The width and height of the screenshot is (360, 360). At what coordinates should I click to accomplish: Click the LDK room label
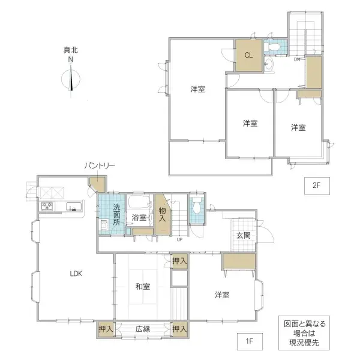(76, 274)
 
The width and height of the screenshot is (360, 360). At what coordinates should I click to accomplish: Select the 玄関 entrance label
(243, 235)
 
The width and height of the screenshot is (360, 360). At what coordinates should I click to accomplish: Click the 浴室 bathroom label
(139, 218)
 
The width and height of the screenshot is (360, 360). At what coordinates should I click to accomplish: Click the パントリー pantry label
(100, 166)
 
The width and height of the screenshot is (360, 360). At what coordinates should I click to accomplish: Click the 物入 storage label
(163, 215)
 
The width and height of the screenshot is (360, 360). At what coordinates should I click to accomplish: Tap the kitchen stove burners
(47, 207)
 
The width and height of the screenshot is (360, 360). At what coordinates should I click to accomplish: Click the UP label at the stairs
(179, 240)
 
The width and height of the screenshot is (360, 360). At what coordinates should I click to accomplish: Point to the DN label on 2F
(297, 59)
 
